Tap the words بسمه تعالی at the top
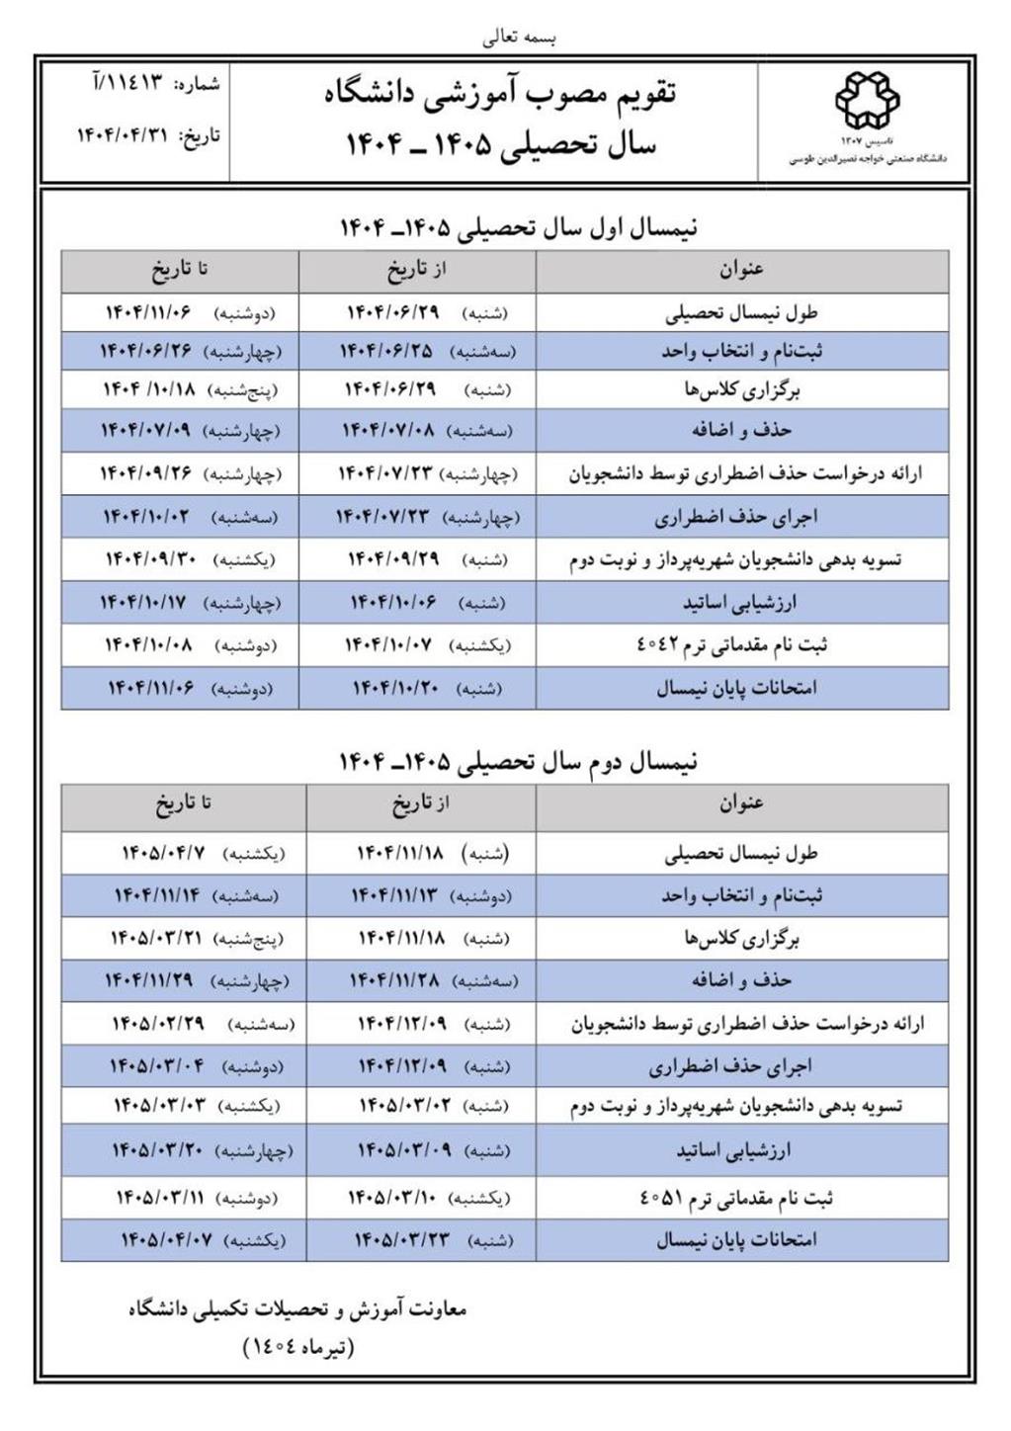[521, 38]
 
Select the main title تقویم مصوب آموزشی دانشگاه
[500, 95]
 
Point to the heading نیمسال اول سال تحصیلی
[518, 227]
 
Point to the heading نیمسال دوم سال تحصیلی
[518, 761]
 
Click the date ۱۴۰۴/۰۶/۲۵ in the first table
[386, 351]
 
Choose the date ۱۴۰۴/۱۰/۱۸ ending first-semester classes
[149, 389]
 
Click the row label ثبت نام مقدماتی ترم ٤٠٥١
[736, 1198]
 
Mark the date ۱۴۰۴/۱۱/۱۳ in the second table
[397, 896]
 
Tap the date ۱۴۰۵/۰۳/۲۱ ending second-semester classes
[156, 938]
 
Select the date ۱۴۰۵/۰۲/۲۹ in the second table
[158, 1024]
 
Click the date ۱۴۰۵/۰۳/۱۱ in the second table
[160, 1198]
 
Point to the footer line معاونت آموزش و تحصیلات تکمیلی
[297, 1310]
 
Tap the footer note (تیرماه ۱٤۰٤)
[297, 1346]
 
